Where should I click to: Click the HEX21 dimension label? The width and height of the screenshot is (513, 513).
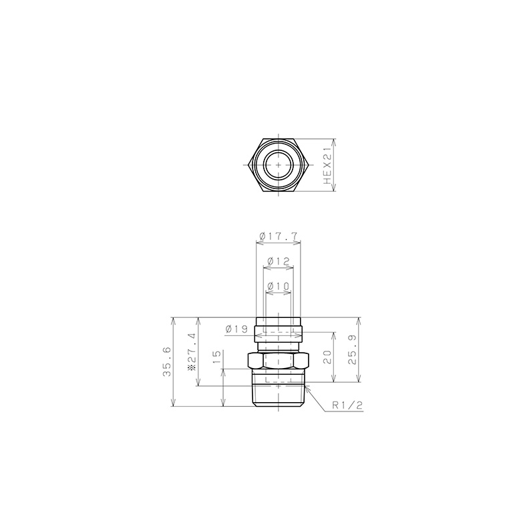(x=327, y=165)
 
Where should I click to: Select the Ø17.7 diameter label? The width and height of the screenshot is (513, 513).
(x=279, y=236)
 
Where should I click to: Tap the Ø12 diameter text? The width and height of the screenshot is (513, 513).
(x=279, y=261)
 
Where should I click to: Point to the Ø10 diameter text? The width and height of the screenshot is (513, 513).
(x=279, y=287)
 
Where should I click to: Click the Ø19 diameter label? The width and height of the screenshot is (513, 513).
(x=236, y=329)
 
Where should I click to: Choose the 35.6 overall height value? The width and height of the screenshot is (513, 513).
(x=167, y=362)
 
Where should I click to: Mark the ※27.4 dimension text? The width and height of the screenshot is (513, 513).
(x=192, y=352)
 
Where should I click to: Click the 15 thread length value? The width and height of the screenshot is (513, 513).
(x=217, y=357)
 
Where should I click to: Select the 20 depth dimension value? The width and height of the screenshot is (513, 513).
(x=327, y=357)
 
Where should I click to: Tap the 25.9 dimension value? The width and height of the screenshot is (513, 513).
(x=353, y=350)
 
